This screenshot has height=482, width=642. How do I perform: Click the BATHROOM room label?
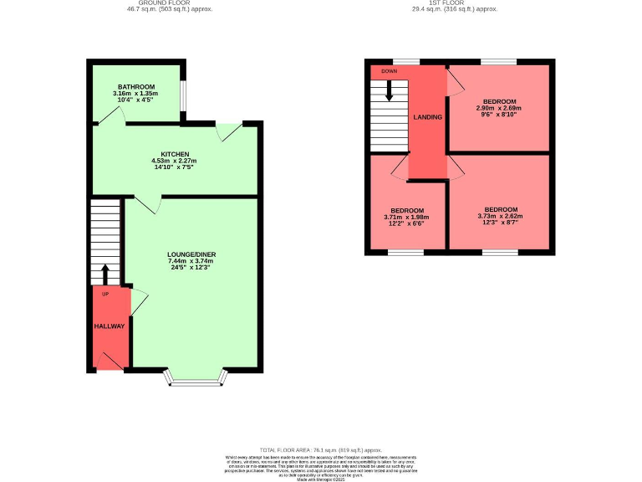tap(135, 86)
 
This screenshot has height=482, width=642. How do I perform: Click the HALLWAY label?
tap(109, 326)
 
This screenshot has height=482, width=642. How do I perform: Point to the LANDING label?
tap(427, 117)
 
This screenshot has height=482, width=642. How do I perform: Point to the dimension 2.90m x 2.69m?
tap(498, 108)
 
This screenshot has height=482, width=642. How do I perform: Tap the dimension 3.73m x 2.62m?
tap(501, 217)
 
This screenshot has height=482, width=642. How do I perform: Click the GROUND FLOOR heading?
tap(170, 3)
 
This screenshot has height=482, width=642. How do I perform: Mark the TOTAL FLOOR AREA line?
tap(321, 449)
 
